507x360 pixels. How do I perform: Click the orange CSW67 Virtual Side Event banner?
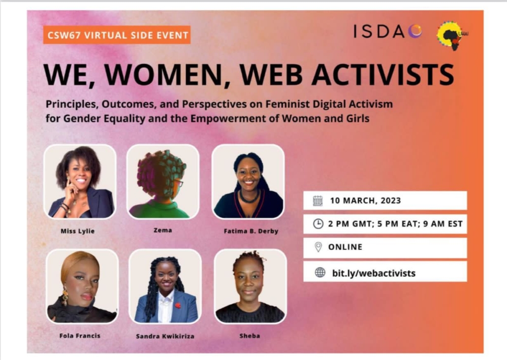tap(117, 34)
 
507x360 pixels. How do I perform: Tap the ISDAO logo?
tap(388, 32)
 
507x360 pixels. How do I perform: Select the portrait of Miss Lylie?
tap(80, 181)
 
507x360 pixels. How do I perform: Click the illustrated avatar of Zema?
tap(162, 181)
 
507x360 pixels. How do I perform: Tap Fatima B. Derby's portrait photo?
tap(248, 181)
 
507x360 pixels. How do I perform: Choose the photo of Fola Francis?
tap(82, 286)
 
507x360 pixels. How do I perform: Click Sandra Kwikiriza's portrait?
tap(165, 286)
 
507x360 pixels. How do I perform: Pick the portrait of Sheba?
tap(250, 286)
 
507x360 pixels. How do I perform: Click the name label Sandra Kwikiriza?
tap(165, 336)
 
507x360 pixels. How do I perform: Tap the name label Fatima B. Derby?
tap(251, 231)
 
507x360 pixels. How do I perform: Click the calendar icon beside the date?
tap(318, 201)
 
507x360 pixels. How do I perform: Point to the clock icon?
tap(318, 224)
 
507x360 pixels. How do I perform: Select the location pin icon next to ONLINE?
tap(318, 247)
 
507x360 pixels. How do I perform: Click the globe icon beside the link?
tap(320, 273)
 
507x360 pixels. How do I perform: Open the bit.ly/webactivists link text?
tap(374, 273)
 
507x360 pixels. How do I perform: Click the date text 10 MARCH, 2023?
tap(365, 201)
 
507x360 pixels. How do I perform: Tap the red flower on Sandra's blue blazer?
tap(178, 305)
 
